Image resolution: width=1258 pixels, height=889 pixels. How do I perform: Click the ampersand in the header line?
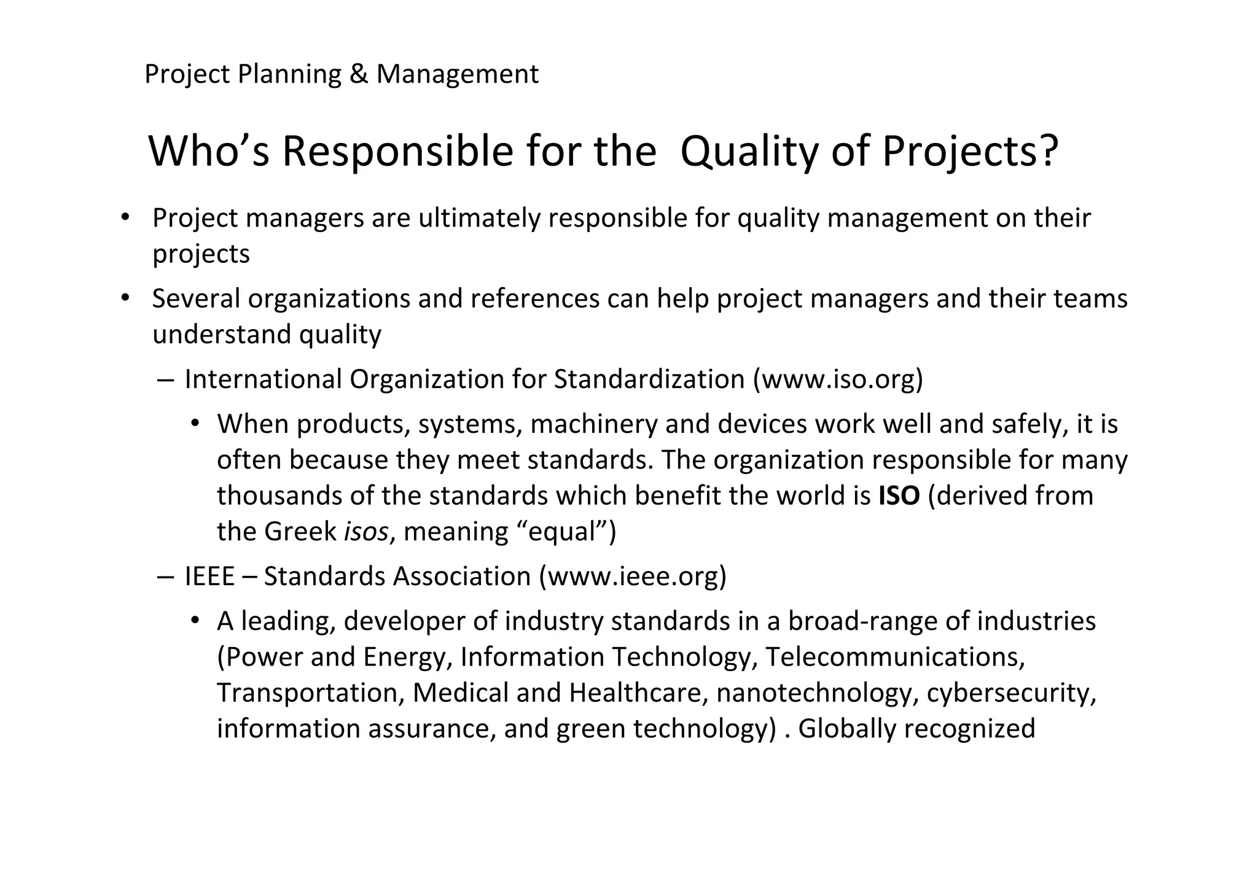coord(358,74)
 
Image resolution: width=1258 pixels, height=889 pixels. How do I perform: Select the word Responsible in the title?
coord(397,152)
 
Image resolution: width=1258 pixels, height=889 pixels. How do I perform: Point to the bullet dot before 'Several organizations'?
coord(125,298)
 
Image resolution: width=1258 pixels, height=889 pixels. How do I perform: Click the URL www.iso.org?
coord(838,379)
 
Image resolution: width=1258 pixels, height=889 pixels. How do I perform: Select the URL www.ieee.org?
coord(632,576)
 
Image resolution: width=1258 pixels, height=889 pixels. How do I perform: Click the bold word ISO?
coord(899,495)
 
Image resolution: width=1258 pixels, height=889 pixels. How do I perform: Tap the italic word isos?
coord(365,531)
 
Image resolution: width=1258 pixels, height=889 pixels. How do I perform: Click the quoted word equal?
coord(562,531)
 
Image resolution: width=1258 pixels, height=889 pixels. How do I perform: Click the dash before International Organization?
coord(165,379)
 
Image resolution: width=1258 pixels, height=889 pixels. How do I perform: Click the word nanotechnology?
coord(817,693)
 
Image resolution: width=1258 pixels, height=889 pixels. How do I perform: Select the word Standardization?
coord(649,379)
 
